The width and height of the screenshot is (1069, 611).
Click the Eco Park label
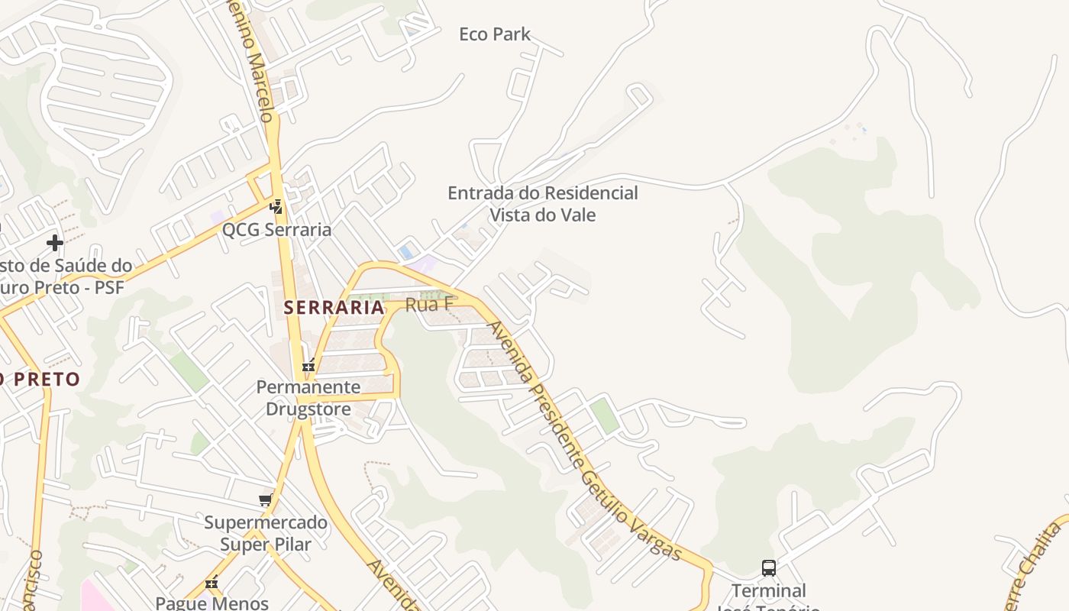[x=495, y=34]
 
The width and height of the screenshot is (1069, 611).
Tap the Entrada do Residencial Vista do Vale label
[x=542, y=204]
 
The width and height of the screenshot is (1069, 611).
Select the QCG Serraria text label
[x=276, y=230]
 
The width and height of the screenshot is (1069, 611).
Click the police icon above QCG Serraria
[x=276, y=207]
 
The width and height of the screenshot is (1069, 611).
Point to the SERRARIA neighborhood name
[x=334, y=308]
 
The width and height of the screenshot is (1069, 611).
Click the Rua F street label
[x=429, y=305]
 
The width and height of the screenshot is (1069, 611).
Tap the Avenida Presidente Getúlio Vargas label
[x=584, y=441]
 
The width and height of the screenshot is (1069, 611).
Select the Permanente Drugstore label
[x=308, y=398]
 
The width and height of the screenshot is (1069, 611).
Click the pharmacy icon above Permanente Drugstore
[x=308, y=366]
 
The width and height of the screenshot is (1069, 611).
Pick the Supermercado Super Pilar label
[x=266, y=534]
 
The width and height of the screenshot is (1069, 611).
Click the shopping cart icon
[x=265, y=500]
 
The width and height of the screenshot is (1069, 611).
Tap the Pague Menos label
[x=212, y=603]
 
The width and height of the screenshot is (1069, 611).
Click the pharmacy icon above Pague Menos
[x=212, y=583]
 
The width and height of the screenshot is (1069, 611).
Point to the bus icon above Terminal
[x=769, y=568]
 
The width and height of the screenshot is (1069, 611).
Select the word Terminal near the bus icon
[x=769, y=590]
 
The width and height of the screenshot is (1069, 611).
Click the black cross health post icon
[x=55, y=243]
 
